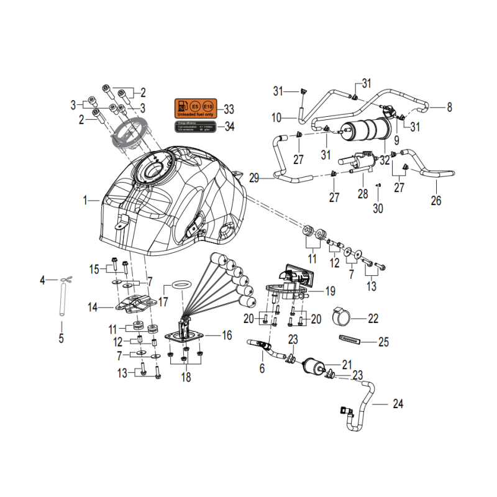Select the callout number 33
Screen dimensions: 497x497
[229, 110]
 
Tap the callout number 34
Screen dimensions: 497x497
[229, 127]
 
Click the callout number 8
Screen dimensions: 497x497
[449, 107]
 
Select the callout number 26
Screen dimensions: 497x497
[436, 200]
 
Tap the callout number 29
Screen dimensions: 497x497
[253, 178]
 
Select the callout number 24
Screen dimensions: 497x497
[398, 404]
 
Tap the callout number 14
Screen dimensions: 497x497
[93, 307]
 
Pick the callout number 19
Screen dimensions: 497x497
[330, 290]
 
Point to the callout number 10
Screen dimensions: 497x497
[276, 117]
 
